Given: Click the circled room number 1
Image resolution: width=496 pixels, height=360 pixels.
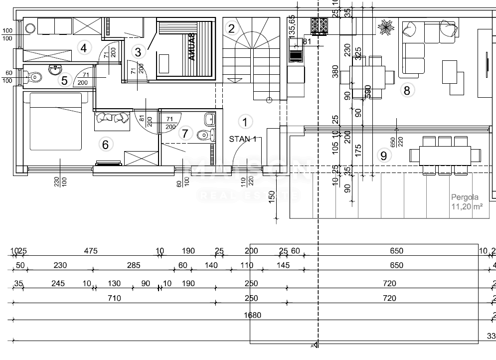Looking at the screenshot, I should coord(244,121).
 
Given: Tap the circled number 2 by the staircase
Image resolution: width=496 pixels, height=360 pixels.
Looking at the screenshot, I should coord(231,28).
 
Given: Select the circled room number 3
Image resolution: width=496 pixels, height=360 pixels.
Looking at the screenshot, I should coord(138,51).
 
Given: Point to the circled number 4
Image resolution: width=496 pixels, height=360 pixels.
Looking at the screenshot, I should coord(84,48).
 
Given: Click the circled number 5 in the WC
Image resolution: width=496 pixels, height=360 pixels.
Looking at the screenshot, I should coord(64,79).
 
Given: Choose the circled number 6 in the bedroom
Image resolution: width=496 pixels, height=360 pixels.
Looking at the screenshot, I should coord(105,145).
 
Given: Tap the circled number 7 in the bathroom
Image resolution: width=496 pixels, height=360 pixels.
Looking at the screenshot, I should coord(185,134).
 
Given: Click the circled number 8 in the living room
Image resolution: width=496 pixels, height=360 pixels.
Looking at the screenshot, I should coord(407,90).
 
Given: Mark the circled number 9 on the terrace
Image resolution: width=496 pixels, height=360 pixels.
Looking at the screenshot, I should coord(383,156).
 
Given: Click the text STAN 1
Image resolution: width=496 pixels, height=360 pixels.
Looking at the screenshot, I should coord(243,139).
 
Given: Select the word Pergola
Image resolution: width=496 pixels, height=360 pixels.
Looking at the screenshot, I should coord(464,197).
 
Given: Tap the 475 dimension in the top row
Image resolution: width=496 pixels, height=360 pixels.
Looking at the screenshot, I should coord(91,251).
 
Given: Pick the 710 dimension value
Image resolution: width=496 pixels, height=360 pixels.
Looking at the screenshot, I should coord(114,298).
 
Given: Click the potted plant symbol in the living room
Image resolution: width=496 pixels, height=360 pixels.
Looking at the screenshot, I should coord(385,26).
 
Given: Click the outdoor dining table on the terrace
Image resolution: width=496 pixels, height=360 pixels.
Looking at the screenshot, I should coord(446,154).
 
